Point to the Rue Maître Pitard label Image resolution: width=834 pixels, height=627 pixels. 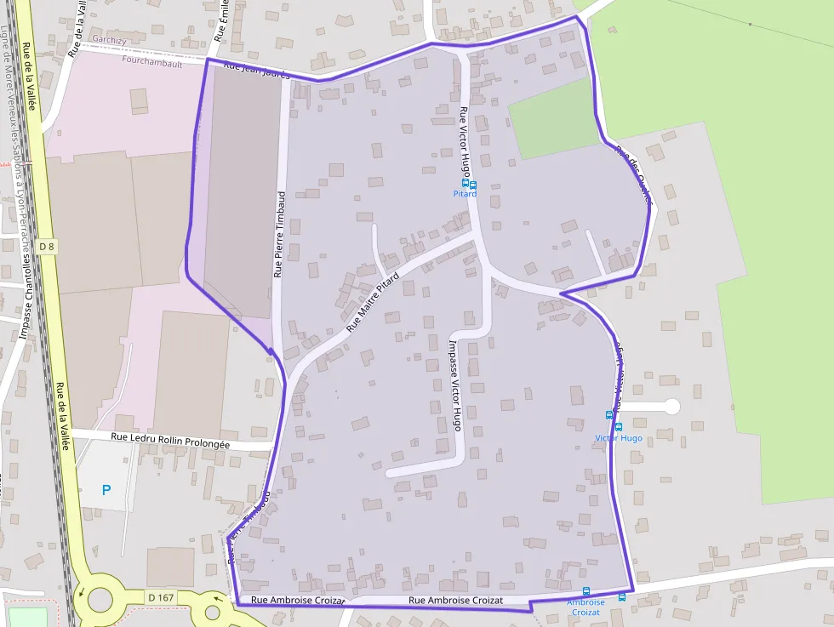point(372,303)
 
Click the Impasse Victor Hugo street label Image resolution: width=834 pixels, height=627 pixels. point(454,385)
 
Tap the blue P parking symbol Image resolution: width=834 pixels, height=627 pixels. point(106,490)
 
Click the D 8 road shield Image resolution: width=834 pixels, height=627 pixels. point(47,247)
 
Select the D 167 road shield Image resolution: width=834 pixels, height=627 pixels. point(160,597)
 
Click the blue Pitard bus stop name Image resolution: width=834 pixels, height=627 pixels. point(465,194)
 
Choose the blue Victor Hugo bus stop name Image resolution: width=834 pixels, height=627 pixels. point(619,439)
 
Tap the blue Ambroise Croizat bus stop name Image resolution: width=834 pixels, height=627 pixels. point(586,607)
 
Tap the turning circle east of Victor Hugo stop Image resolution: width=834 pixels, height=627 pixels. point(671,407)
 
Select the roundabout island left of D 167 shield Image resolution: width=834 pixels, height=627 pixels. point(100,599)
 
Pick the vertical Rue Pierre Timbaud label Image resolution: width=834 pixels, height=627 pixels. point(278,233)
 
